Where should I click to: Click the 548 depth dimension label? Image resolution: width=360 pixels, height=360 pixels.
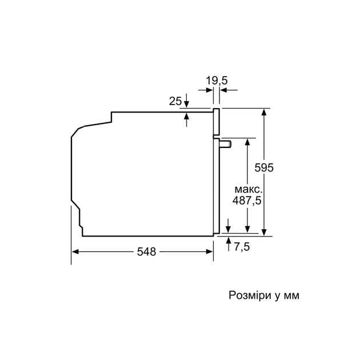click(147, 252)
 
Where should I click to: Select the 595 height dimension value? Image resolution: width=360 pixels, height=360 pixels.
click(264, 168)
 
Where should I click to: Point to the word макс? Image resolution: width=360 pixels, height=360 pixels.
click(248, 189)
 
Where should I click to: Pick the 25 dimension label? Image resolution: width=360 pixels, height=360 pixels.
click(175, 101)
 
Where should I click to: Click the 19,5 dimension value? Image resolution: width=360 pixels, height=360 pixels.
click(217, 81)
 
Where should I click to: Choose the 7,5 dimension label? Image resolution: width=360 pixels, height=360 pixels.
click(242, 246)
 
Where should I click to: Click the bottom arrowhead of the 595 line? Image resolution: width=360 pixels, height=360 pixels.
click(264, 231)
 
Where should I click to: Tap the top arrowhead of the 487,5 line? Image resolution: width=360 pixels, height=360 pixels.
click(247, 142)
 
